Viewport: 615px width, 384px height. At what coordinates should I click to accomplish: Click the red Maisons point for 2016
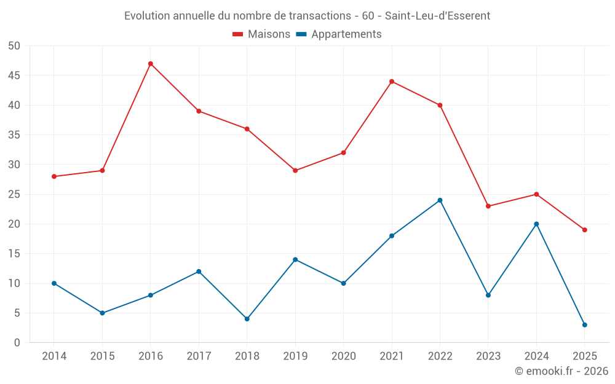151,64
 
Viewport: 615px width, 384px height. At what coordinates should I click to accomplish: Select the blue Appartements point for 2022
440,200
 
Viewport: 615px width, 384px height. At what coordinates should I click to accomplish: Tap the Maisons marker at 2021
392,82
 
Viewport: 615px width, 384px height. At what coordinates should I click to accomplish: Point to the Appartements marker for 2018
247,319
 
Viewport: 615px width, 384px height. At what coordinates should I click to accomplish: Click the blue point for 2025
585,325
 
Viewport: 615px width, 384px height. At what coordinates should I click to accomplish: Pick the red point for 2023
488,206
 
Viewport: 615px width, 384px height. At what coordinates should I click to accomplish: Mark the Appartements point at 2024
536,224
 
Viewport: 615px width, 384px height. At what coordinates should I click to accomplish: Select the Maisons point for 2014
54,176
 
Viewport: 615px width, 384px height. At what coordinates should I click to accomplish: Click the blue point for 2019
295,260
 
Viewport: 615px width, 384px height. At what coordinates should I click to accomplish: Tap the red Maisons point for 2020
344,153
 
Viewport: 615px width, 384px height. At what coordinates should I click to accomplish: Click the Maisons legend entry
261,34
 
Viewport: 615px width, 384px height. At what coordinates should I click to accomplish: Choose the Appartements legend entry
339,34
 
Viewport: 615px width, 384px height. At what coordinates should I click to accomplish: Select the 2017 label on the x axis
199,356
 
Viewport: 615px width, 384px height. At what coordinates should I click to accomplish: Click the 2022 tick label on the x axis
440,356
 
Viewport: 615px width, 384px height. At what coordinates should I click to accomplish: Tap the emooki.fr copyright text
561,371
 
